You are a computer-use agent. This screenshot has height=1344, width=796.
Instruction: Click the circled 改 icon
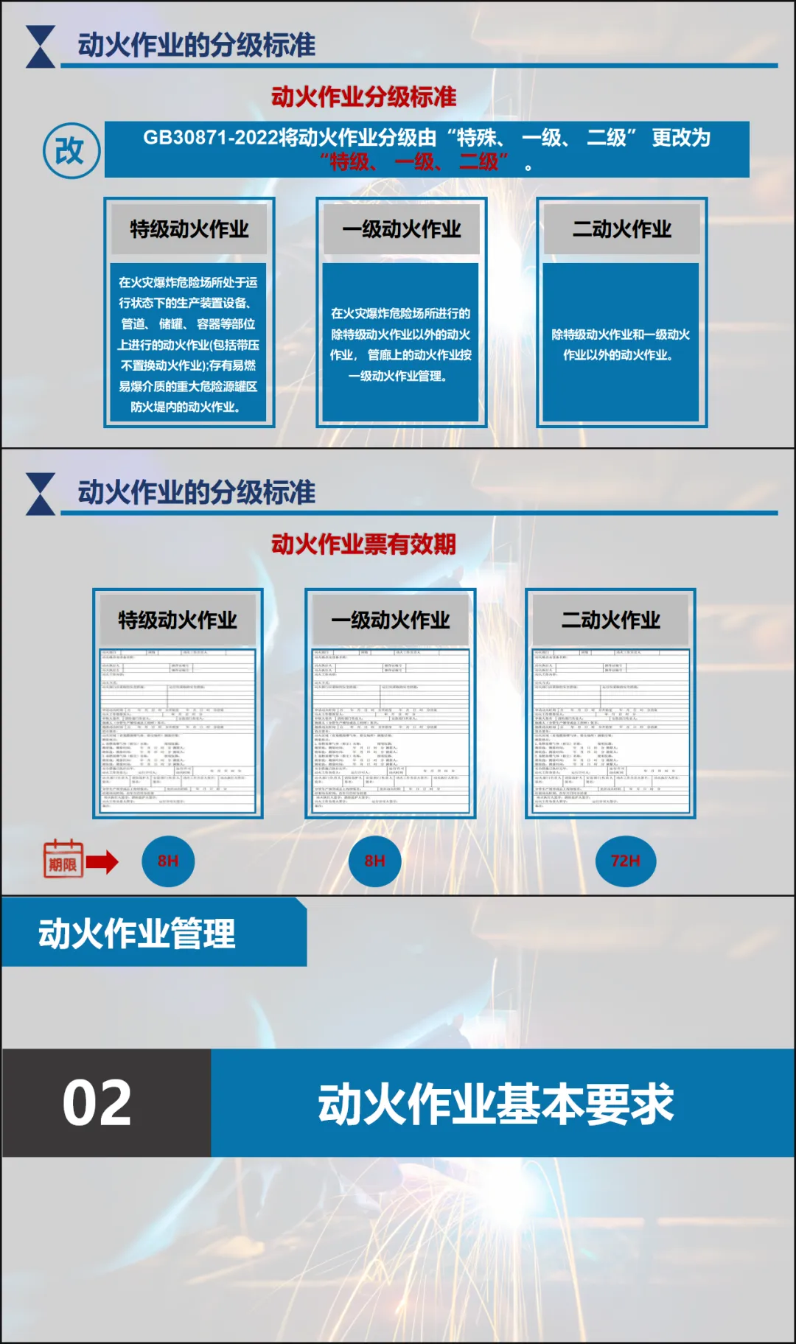coord(71,151)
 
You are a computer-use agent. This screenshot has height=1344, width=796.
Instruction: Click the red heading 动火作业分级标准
coord(363,97)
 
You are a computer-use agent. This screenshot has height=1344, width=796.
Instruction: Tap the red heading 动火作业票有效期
coord(363,544)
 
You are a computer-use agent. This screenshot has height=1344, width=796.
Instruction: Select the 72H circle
coord(625,861)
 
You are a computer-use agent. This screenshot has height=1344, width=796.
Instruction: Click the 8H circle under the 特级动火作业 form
coord(168,861)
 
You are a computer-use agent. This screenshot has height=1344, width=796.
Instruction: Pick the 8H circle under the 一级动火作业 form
coord(374,861)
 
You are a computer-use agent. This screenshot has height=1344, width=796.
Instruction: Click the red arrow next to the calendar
coord(102,861)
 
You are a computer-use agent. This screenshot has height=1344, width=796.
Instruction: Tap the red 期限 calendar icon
coord(63,860)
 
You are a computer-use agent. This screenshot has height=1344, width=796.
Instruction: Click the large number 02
coord(97,1103)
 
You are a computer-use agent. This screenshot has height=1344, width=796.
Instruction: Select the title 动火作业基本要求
coord(495,1103)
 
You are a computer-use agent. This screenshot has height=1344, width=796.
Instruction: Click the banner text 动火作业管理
coord(137,934)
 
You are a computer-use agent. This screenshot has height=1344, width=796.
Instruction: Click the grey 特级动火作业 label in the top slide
coord(189,229)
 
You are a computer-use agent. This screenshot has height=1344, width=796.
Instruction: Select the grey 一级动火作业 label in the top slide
coord(402,229)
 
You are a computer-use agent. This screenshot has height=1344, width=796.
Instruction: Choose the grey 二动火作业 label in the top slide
coord(622,229)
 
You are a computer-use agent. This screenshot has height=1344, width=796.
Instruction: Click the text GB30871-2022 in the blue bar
coord(210,138)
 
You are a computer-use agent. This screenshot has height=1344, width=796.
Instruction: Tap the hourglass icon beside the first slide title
coord(41,46)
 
